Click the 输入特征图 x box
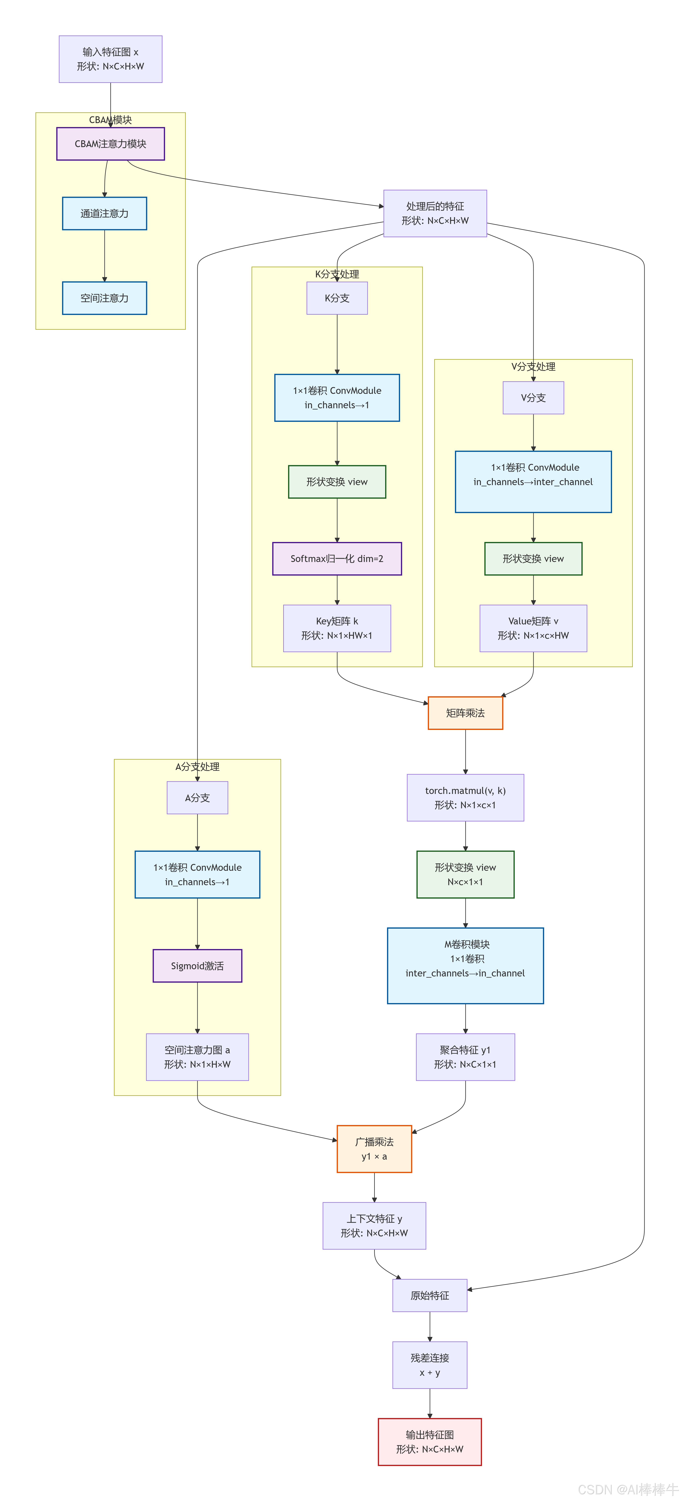coord(111,59)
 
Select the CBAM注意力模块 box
coord(111,143)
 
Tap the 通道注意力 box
coord(105,213)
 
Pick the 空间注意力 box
coord(105,298)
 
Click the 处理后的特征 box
coord(435,213)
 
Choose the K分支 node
coord(337,298)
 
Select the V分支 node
coord(533,397)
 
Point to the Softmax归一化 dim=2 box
coord(337,558)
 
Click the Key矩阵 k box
coord(337,628)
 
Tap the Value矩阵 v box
coord(533,628)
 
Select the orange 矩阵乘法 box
coord(465,713)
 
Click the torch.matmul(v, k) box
coord(465,798)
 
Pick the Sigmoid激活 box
coord(197,965)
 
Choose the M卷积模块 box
coord(465,965)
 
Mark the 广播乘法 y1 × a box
coord(374,1149)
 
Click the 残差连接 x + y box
coord(430,1365)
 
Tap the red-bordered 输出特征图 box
coord(430,1442)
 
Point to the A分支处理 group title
coord(197,766)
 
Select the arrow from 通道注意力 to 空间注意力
coord(105,256)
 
